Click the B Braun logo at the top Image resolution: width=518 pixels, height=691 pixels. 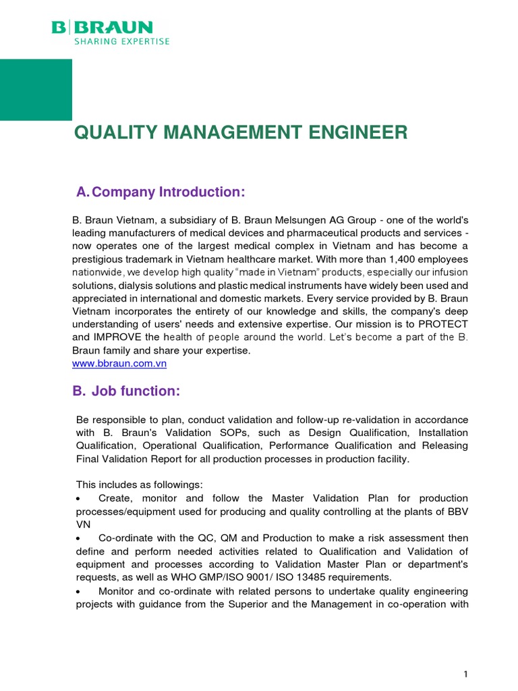(x=102, y=28)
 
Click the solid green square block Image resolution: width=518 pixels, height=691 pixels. (x=36, y=90)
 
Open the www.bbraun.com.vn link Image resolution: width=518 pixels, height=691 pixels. (x=119, y=363)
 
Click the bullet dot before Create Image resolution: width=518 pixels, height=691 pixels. (x=80, y=499)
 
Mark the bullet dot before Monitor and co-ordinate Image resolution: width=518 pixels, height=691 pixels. (x=80, y=590)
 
